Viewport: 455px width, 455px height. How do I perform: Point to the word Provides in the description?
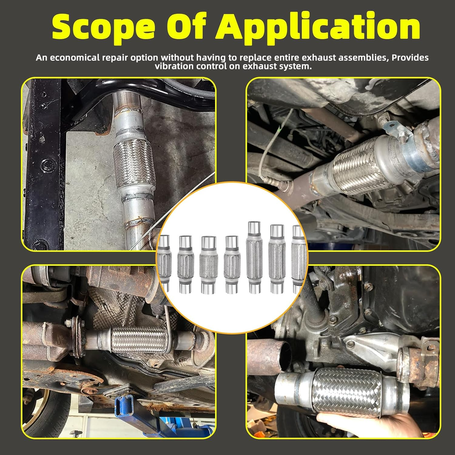tap(410, 58)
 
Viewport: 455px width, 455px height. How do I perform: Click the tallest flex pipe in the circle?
tap(254, 258)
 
